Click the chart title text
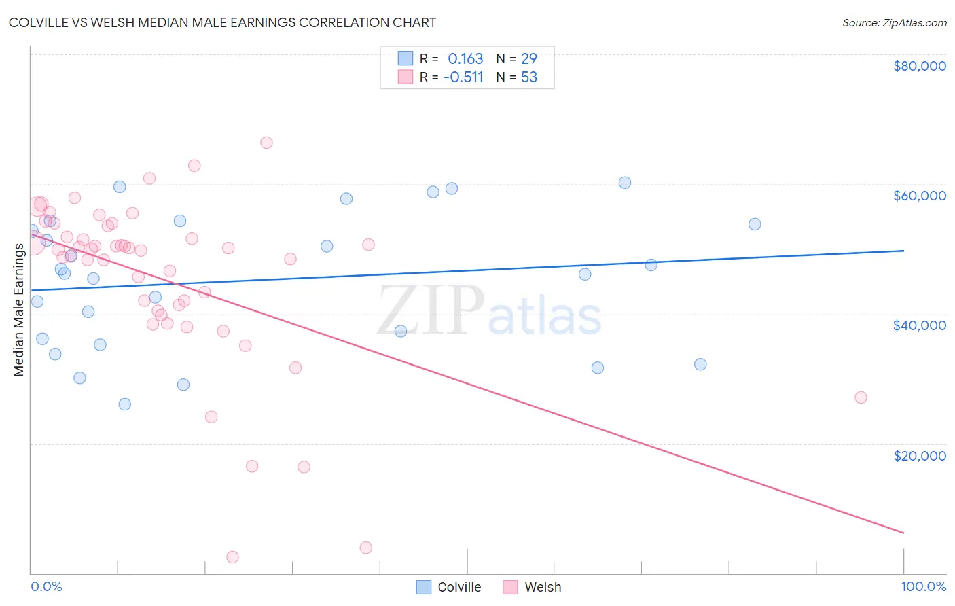222,22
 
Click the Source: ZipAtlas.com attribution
894,22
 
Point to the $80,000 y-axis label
919,66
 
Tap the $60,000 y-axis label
919,196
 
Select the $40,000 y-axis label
919,325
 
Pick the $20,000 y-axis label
919,455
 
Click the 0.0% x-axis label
46,586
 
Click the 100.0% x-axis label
923,586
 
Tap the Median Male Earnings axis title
19,309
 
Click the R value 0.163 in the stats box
465,59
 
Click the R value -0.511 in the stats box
463,77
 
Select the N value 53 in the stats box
529,77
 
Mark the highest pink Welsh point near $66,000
266,143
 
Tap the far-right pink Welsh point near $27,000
861,397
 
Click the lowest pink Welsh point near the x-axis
232,557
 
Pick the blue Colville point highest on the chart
625,183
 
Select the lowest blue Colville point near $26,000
125,404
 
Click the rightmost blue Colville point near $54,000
755,224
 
